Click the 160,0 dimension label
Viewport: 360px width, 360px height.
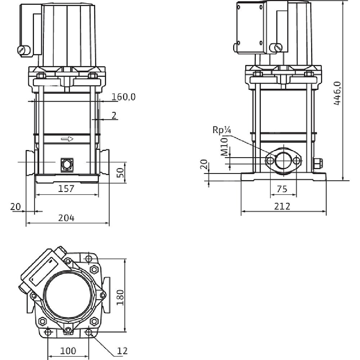tap(123, 97)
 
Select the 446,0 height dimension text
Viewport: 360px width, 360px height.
tap(337, 93)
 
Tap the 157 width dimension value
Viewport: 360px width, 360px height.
tap(67, 188)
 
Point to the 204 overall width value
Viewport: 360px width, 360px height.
tap(67, 218)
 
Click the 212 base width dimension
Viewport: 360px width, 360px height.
tap(283, 206)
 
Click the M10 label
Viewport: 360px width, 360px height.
tap(224, 147)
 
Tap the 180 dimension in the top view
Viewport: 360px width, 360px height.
tap(121, 297)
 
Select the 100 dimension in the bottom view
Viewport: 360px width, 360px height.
tap(68, 350)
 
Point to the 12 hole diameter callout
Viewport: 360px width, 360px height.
tap(122, 350)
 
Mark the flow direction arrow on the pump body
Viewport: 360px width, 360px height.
tap(67, 139)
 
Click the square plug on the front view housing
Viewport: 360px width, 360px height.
tap(67, 164)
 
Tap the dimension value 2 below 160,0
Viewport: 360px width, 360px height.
tap(114, 115)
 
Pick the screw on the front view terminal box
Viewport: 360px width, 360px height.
tap(23, 50)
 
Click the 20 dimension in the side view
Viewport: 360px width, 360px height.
tap(204, 165)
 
